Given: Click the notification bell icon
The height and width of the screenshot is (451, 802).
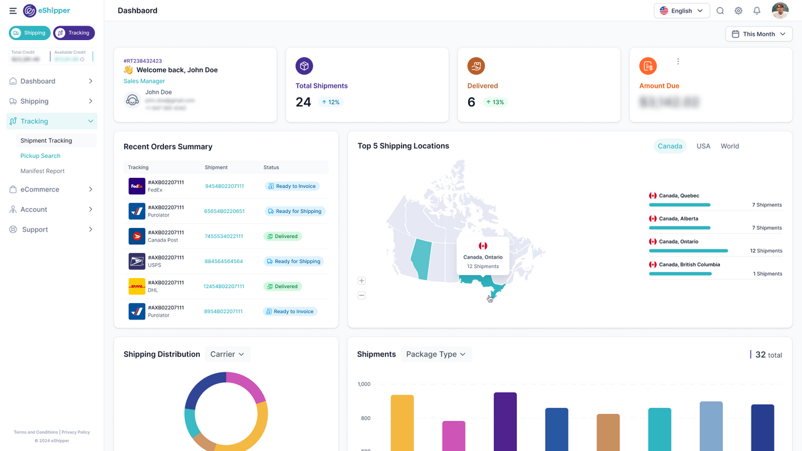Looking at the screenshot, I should (757, 11).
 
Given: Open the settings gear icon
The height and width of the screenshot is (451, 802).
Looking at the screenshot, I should (739, 11).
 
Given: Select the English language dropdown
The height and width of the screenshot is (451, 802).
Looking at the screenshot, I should (682, 11).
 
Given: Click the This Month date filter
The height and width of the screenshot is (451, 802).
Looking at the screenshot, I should (759, 34).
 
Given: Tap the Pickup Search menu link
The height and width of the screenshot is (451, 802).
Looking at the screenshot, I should (40, 156).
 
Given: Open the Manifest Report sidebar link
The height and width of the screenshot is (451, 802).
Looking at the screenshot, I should (43, 171).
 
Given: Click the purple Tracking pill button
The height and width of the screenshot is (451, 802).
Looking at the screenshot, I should (74, 33).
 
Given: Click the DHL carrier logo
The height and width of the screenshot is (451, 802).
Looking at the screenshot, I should (137, 286).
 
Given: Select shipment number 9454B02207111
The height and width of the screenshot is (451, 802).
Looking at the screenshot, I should (224, 186).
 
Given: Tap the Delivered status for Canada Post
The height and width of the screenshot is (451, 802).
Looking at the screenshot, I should (283, 236).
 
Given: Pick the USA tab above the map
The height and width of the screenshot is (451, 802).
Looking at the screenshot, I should (704, 146).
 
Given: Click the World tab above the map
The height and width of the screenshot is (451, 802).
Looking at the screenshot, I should (729, 146).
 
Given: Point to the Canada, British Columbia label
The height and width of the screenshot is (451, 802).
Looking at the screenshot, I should (680, 264).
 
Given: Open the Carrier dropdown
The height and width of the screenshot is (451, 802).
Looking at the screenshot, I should (227, 355).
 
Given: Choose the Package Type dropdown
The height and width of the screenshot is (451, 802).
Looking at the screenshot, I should (436, 355).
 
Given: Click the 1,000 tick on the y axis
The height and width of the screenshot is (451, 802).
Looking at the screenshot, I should (363, 384).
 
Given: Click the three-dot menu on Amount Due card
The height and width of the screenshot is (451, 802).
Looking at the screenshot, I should (678, 61).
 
